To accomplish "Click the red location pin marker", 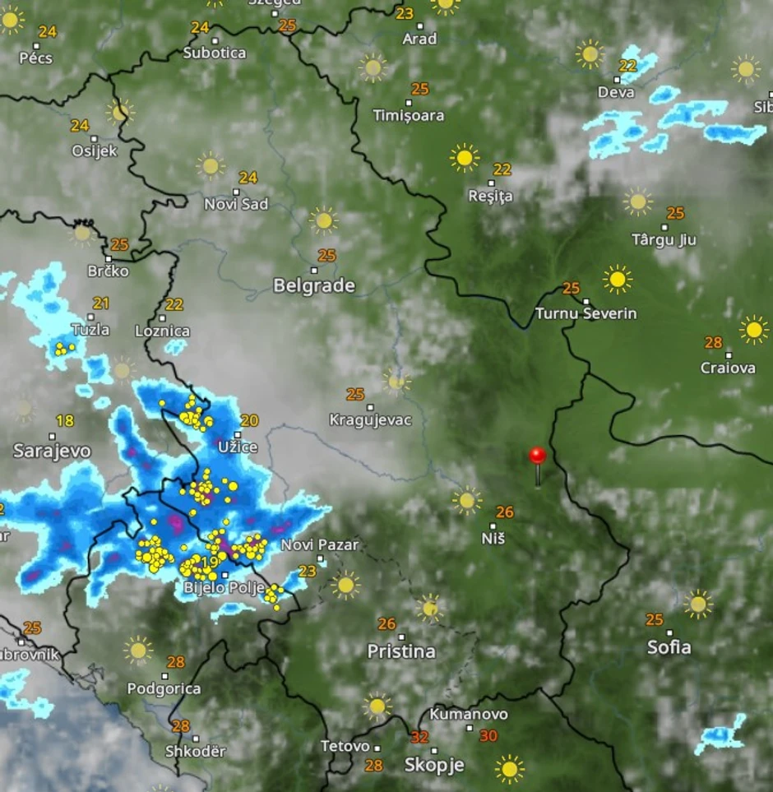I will click(x=537, y=456).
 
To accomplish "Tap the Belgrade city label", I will click(x=314, y=285).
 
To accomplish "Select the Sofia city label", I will click(x=669, y=647).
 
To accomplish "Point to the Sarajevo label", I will click(x=52, y=451).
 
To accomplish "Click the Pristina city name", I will click(x=401, y=651).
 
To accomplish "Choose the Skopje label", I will click(x=434, y=765).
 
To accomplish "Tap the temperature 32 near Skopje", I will click(x=419, y=737).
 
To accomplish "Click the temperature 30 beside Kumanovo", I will click(x=488, y=736).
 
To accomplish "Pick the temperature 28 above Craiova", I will click(x=714, y=342).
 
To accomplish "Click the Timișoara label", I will click(x=409, y=116).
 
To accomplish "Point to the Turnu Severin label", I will click(x=586, y=313).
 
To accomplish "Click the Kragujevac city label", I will click(x=370, y=420).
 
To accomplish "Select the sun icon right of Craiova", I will click(x=753, y=330).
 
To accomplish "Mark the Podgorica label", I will click(x=164, y=688).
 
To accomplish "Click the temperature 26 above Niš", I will click(x=504, y=512).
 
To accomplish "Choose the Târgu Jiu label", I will click(x=664, y=240).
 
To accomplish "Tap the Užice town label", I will click(x=238, y=447).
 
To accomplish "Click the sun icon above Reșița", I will click(x=465, y=156).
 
